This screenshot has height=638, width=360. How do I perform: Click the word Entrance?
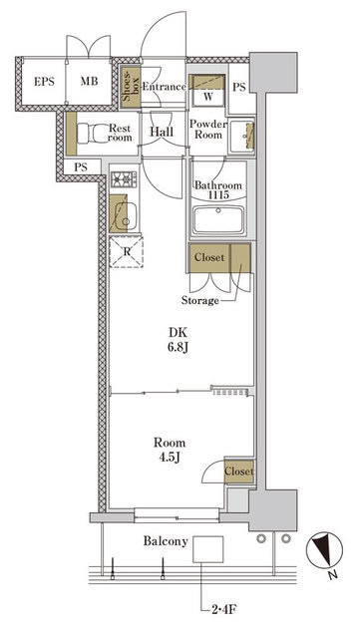[x=165, y=87]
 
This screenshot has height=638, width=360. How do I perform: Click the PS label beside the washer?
[x=238, y=87]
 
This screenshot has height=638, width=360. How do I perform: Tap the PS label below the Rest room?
[x=80, y=165]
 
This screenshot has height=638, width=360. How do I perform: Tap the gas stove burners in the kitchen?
[x=125, y=180]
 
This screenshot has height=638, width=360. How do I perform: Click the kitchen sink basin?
[x=125, y=213]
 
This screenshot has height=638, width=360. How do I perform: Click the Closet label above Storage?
[x=209, y=257]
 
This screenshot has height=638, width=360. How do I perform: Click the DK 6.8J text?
[x=177, y=343]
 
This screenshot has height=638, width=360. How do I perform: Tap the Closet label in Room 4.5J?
[x=238, y=472]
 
